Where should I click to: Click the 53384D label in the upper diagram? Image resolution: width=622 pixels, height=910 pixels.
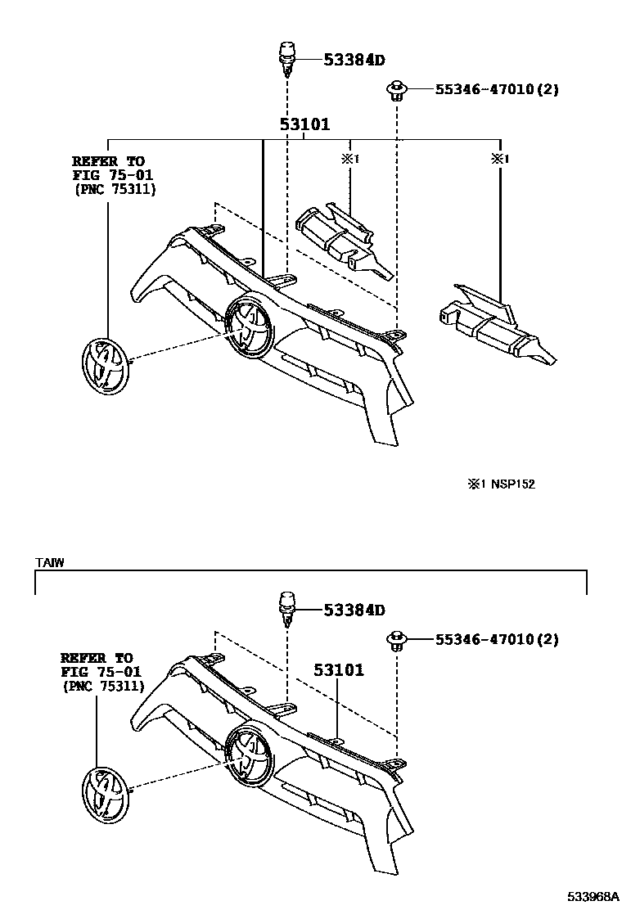(354, 60)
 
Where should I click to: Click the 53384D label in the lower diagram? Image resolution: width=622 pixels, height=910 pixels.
(354, 610)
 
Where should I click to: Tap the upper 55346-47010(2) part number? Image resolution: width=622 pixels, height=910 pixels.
(485, 89)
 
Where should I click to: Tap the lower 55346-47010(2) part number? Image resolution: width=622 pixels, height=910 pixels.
(485, 639)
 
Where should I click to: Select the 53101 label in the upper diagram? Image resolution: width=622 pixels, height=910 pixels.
(304, 125)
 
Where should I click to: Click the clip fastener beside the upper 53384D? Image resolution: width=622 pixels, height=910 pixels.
(286, 60)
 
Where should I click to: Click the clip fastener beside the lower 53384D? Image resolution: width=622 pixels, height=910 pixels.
(286, 608)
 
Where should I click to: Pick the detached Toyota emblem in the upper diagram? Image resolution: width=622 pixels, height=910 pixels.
(105, 366)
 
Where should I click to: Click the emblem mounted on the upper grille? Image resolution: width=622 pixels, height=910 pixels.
(249, 326)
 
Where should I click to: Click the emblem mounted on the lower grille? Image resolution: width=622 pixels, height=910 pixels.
(249, 755)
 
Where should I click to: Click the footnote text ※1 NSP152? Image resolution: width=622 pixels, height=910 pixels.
(501, 484)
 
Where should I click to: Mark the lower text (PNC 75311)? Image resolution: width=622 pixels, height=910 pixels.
(101, 687)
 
